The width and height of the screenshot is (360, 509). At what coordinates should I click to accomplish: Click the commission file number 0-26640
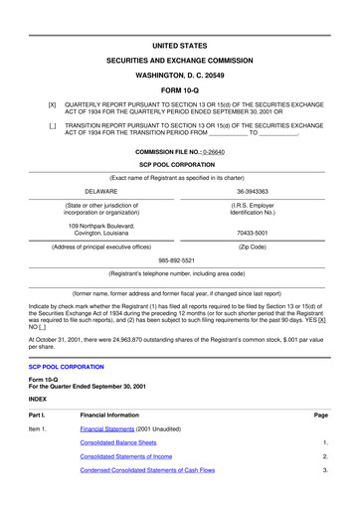point(228,152)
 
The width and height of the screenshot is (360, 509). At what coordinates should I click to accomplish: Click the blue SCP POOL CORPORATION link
point(66,367)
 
